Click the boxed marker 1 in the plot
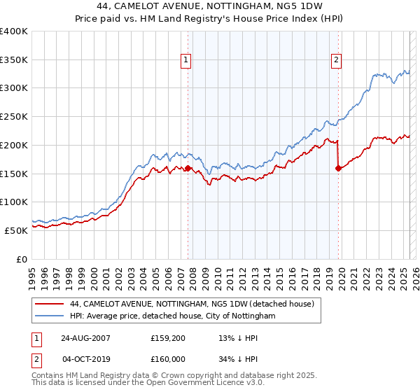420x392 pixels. [x=187, y=61]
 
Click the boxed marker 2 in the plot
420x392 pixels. [x=337, y=61]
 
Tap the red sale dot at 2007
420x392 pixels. [x=188, y=168]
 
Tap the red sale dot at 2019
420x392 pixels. [x=339, y=168]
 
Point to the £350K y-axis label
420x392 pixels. [x=14, y=60]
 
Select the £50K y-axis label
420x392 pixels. [x=17, y=230]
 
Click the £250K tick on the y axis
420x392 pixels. [x=14, y=117]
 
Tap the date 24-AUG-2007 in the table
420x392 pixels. [x=85, y=338]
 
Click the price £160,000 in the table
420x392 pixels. [x=168, y=358]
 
